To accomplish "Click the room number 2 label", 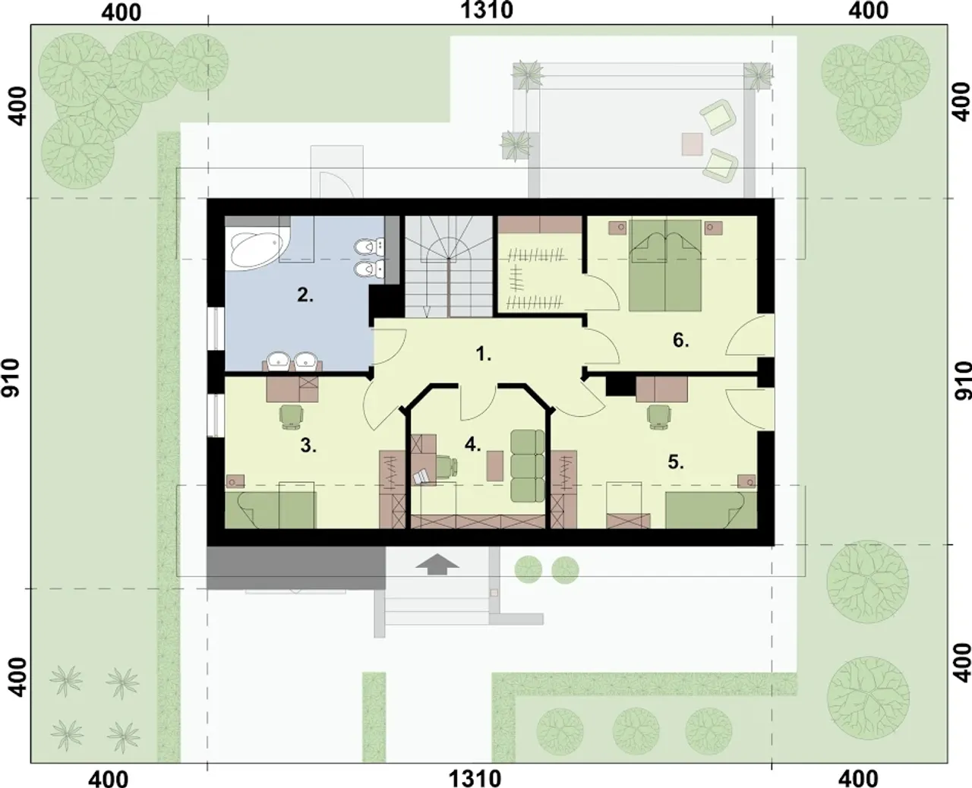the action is pyautogui.click(x=305, y=295).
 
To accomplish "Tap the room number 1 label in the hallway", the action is pyautogui.click(x=483, y=354).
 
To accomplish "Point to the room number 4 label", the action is pyautogui.click(x=473, y=444).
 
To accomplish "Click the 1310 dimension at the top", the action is pyautogui.click(x=487, y=11).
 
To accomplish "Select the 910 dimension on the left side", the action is pyautogui.click(x=11, y=378).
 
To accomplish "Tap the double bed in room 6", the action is pyautogui.click(x=665, y=265).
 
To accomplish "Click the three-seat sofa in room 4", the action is pyautogui.click(x=528, y=465).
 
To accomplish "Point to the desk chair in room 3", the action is pyautogui.click(x=291, y=416).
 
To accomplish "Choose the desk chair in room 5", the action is pyautogui.click(x=659, y=417).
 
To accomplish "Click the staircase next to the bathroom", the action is pyautogui.click(x=449, y=266).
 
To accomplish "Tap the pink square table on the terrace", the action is pyautogui.click(x=693, y=144).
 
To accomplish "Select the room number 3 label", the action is pyautogui.click(x=308, y=445).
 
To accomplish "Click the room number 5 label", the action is pyautogui.click(x=676, y=462).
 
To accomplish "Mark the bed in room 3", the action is pyautogui.click(x=270, y=509).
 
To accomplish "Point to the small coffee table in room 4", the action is pyautogui.click(x=494, y=465).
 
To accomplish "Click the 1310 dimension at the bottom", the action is pyautogui.click(x=475, y=778).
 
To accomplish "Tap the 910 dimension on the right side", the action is pyautogui.click(x=963, y=381).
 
